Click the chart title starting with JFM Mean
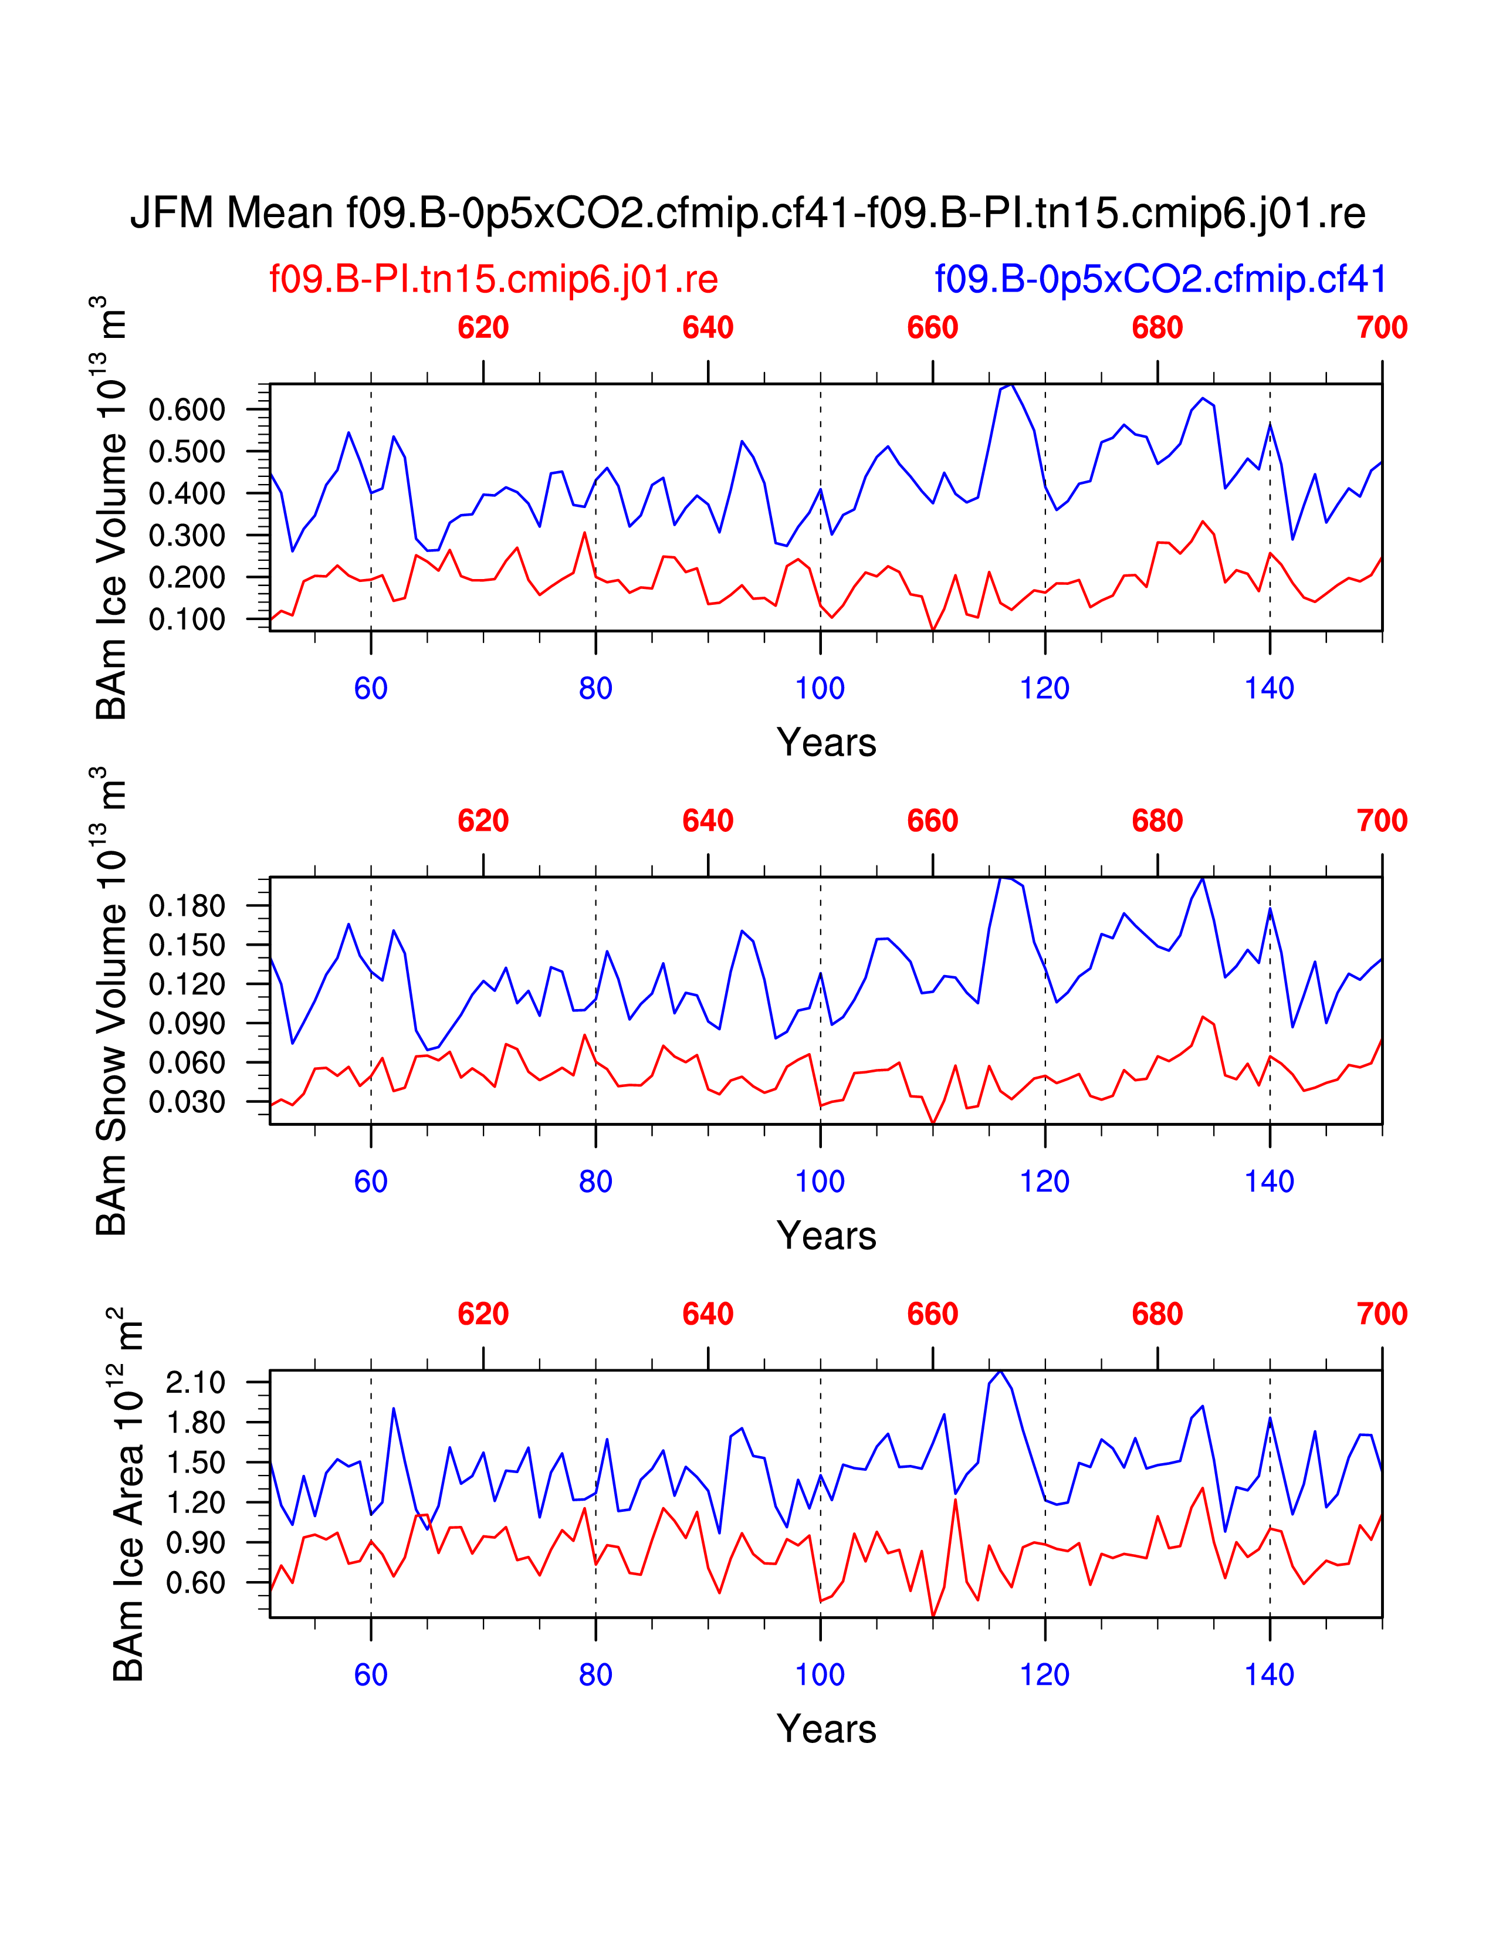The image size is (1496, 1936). pyautogui.click(x=747, y=214)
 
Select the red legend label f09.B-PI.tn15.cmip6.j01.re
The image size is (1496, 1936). pyautogui.click(x=493, y=280)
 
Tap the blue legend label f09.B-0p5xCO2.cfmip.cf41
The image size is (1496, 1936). pyautogui.click(x=1160, y=280)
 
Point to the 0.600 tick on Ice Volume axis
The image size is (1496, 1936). pyautogui.click(x=187, y=409)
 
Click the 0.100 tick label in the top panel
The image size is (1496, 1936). pyautogui.click(x=187, y=620)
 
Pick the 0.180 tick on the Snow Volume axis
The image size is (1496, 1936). pyautogui.click(x=187, y=906)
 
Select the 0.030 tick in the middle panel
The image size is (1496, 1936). pyautogui.click(x=187, y=1102)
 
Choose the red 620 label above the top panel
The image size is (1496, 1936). pyautogui.click(x=483, y=328)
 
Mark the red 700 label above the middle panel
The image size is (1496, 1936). pyautogui.click(x=1382, y=821)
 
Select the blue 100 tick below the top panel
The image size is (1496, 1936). pyautogui.click(x=820, y=689)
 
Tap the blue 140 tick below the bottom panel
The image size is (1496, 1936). pyautogui.click(x=1269, y=1676)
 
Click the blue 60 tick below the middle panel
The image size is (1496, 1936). pyautogui.click(x=370, y=1182)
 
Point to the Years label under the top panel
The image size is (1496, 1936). pyautogui.click(x=826, y=743)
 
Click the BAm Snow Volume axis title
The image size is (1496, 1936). pyautogui.click(x=113, y=1001)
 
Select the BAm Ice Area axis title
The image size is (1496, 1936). pyautogui.click(x=128, y=1495)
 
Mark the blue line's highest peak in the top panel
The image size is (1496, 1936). pyautogui.click(x=1011, y=385)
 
